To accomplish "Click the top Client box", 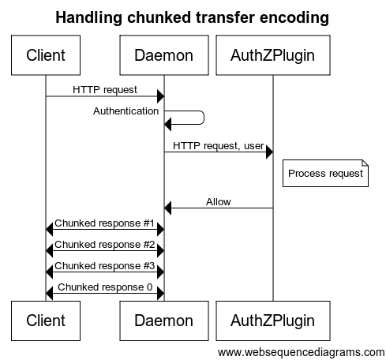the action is (x=46, y=55).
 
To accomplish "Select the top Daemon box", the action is (x=164, y=55).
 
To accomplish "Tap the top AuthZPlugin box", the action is (x=273, y=55).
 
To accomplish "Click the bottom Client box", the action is (x=46, y=321).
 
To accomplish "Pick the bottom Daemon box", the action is (x=164, y=321).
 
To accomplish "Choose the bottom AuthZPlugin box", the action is (x=273, y=321).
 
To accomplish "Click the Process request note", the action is (x=325, y=173).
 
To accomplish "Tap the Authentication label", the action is (x=126, y=111).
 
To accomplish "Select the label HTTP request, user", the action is (x=219, y=146).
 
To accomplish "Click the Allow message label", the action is (x=219, y=202).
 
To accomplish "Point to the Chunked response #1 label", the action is (x=105, y=223).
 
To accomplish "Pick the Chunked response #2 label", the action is (x=105, y=245).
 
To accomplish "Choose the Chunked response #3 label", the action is (x=105, y=266).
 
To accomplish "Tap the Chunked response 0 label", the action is (x=105, y=287).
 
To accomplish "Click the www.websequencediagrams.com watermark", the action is (x=302, y=352).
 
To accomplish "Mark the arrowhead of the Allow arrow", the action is (x=168, y=208).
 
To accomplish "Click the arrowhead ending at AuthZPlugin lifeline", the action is (x=269, y=152).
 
